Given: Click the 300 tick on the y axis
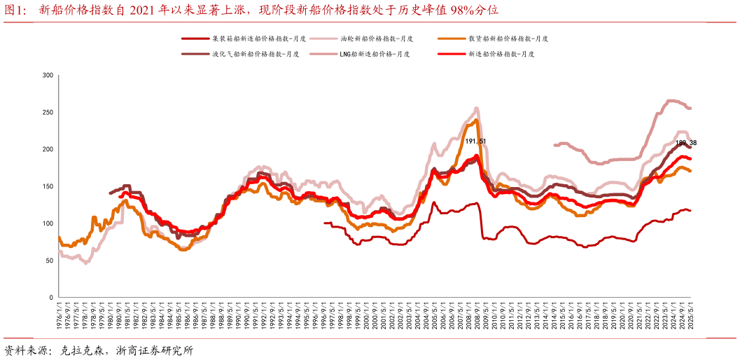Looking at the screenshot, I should tap(48, 75).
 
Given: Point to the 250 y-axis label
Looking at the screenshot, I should tap(48, 112).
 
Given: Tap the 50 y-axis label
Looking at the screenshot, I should tap(49, 261).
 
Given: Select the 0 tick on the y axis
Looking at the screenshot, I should tap(51, 298).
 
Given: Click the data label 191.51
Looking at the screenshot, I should tap(476, 141).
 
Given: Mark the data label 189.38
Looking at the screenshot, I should tap(685, 143).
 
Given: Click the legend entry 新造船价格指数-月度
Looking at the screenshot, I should tap(501, 54).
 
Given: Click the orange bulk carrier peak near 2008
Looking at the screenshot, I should tap(477, 120).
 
